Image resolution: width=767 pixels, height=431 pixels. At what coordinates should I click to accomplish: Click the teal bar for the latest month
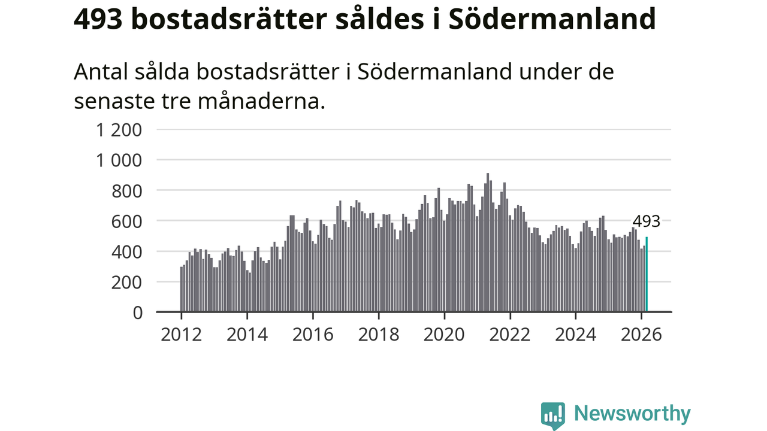647,275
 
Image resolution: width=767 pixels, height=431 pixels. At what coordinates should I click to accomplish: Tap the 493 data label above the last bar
647,221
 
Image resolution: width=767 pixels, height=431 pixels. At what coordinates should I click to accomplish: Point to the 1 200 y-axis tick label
119,130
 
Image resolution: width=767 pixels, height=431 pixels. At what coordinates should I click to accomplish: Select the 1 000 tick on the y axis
119,160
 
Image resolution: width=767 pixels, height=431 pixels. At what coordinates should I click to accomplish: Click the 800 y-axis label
126,191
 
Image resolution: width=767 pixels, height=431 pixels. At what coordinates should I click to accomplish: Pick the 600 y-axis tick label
126,221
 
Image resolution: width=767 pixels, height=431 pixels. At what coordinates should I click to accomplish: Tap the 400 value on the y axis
126,252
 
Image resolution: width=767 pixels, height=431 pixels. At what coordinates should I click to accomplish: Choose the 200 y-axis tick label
126,283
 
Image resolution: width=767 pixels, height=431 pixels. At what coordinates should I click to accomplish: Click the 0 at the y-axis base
137,312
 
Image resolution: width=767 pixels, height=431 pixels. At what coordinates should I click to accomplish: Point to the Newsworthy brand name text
632,414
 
